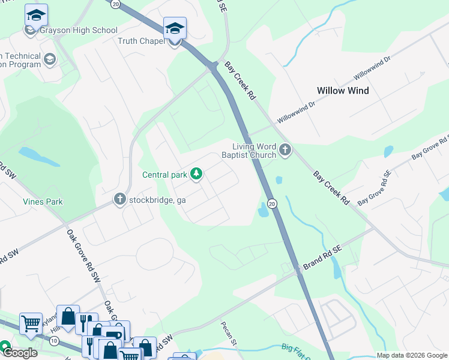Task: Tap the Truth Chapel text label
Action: click(x=141, y=41)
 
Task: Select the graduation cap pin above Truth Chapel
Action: click(x=175, y=28)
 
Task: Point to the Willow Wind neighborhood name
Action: click(x=343, y=91)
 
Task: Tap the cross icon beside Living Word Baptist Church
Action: click(x=285, y=150)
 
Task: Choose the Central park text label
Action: click(x=165, y=175)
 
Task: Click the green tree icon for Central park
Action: click(x=196, y=175)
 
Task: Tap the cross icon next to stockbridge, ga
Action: click(x=120, y=199)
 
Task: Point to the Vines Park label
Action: click(x=43, y=202)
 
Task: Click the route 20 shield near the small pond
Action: click(x=271, y=203)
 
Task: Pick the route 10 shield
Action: click(x=54, y=341)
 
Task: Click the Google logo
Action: click(x=19, y=353)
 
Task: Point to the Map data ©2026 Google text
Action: click(x=411, y=355)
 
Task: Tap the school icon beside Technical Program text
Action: click(x=49, y=59)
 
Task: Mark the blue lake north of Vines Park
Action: click(x=38, y=156)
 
